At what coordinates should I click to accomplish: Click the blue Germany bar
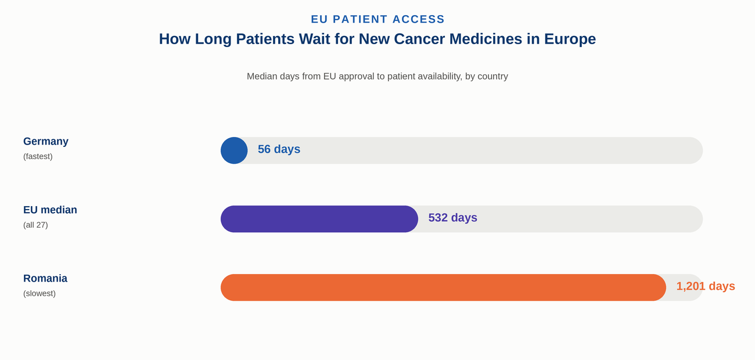pyautogui.click(x=234, y=150)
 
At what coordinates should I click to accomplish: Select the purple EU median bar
pyautogui.click(x=319, y=219)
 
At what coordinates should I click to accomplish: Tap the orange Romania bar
pyautogui.click(x=443, y=287)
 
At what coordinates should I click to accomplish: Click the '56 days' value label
pyautogui.click(x=279, y=149)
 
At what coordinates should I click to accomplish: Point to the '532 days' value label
pyautogui.click(x=452, y=217)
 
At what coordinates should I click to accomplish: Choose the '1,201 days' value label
pyautogui.click(x=706, y=286)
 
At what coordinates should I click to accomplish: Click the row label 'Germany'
pyautogui.click(x=46, y=141)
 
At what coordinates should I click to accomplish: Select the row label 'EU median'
pyautogui.click(x=50, y=210)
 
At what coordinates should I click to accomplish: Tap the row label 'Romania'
pyautogui.click(x=45, y=279)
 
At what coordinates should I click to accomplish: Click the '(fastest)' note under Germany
pyautogui.click(x=38, y=156)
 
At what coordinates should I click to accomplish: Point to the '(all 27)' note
pyautogui.click(x=35, y=225)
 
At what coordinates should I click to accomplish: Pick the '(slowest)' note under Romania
pyautogui.click(x=39, y=293)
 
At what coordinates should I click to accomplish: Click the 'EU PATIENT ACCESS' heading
pyautogui.click(x=378, y=19)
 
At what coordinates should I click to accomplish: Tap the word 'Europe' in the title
pyautogui.click(x=570, y=39)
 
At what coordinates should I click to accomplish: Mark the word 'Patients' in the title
pyautogui.click(x=265, y=39)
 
